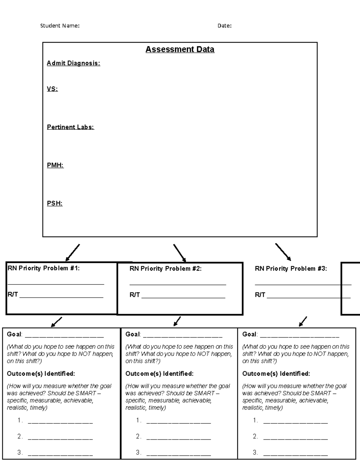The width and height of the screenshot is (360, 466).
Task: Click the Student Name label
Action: click(x=60, y=26)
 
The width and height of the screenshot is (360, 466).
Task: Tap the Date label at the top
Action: click(x=224, y=26)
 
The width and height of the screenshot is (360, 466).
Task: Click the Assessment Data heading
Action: click(x=180, y=50)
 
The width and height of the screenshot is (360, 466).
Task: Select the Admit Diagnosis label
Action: click(x=73, y=63)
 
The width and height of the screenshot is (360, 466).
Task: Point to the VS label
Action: click(x=52, y=89)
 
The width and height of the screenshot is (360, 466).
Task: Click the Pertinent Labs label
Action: click(x=70, y=127)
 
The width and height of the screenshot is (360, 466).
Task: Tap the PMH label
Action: click(x=55, y=165)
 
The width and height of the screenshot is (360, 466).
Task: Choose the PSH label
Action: click(x=55, y=203)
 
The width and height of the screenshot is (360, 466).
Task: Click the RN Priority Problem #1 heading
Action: click(x=43, y=268)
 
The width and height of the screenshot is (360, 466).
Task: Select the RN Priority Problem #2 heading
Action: click(x=165, y=269)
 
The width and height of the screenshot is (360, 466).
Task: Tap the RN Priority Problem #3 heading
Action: click(x=291, y=269)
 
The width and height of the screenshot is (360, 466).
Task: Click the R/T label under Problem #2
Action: click(x=134, y=295)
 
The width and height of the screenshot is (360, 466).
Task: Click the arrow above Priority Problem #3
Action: click(x=283, y=251)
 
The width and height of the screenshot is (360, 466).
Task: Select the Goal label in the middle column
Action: click(x=133, y=334)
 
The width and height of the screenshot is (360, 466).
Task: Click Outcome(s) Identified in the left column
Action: click(x=41, y=374)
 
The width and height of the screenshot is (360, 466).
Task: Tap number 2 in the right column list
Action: click(x=255, y=437)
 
